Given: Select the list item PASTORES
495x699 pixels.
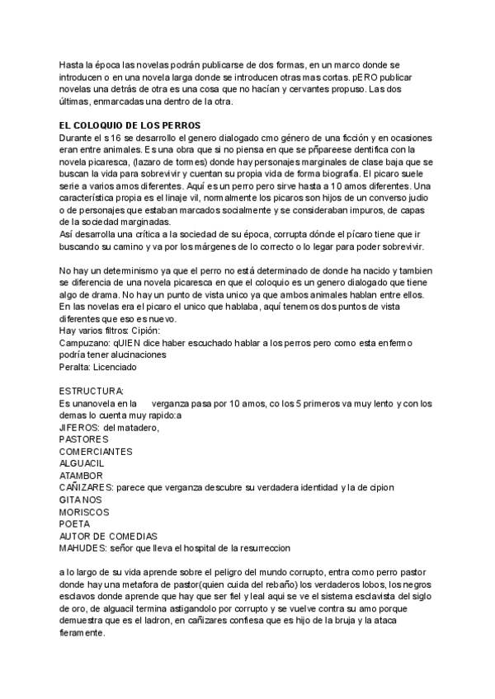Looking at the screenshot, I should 84,439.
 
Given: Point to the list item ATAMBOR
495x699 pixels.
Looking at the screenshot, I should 81,476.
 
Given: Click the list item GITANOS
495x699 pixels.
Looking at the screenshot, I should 81,500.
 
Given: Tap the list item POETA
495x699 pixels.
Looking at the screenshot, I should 74,523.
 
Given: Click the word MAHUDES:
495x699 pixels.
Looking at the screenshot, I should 84,547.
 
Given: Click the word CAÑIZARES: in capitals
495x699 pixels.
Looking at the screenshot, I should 87,487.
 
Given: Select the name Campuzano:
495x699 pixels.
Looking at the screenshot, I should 87,342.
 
